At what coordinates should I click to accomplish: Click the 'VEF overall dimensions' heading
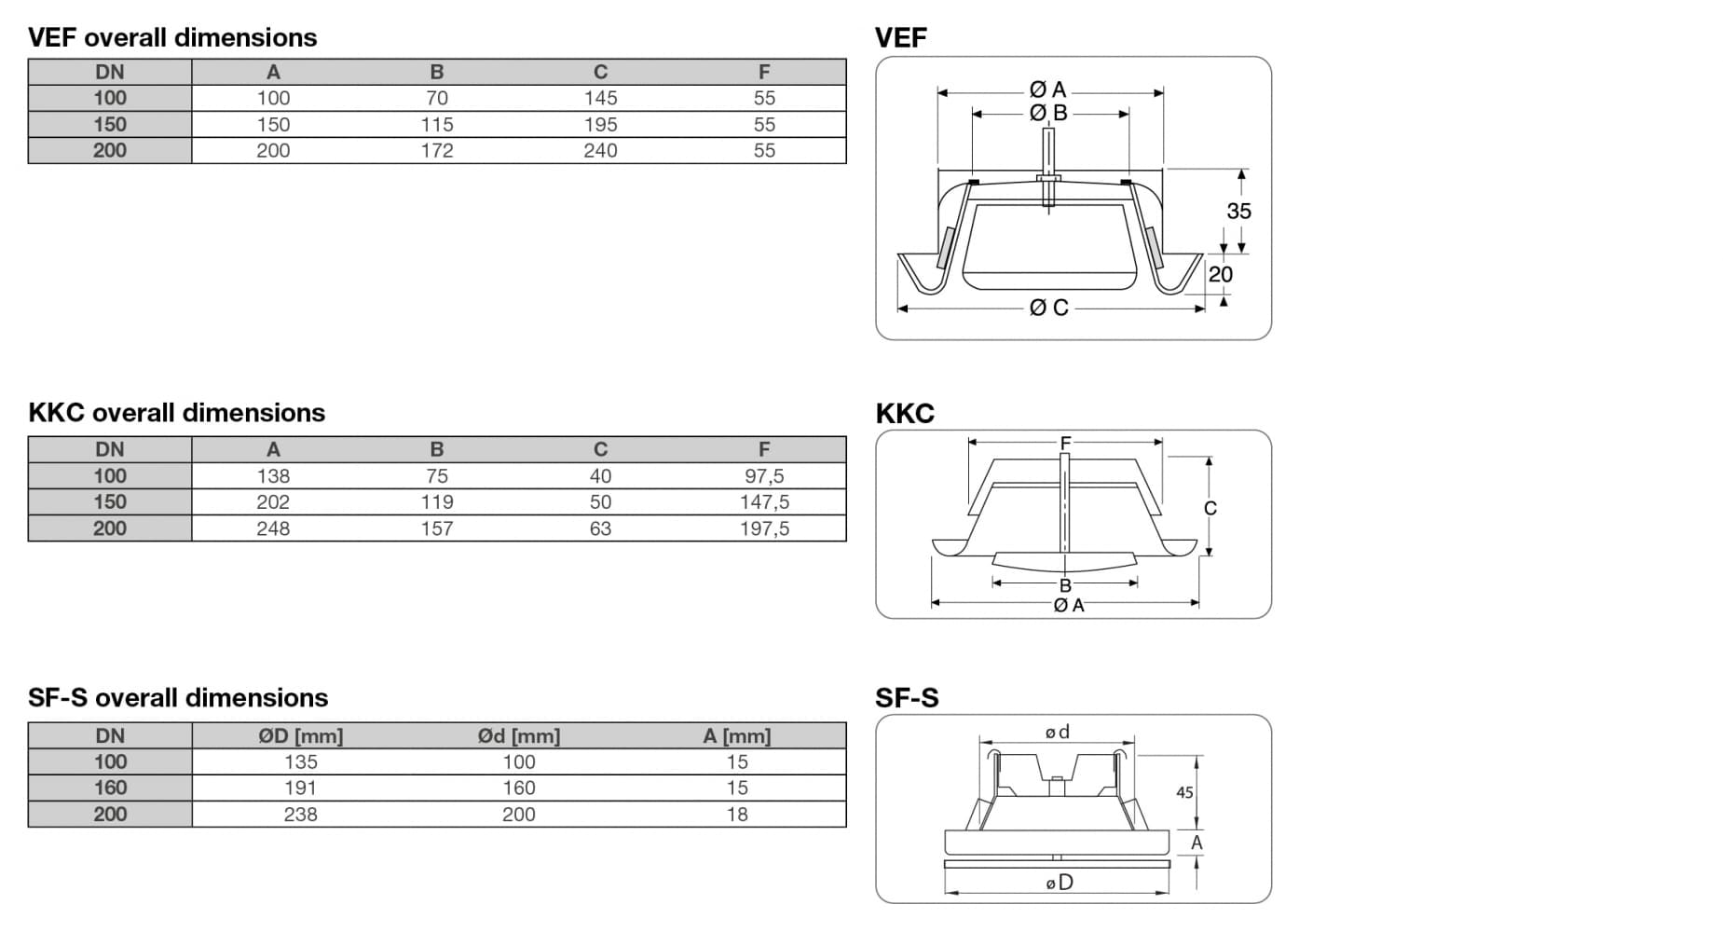coord(172,38)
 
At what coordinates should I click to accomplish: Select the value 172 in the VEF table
coord(436,151)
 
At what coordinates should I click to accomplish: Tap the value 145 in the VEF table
coord(600,98)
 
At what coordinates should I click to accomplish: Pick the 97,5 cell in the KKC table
coord(764,476)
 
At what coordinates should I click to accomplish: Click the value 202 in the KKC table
coord(273,502)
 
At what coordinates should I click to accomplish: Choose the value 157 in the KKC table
coord(436,528)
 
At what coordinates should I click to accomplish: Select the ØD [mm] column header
coord(300,736)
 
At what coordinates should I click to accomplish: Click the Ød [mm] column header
coord(519,736)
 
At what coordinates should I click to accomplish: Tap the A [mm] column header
coord(737,736)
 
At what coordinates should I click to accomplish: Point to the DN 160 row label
coord(110,788)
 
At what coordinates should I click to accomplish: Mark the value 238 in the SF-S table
coord(300,815)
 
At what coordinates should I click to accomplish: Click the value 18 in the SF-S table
coord(737,815)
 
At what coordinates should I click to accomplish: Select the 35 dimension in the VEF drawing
coord(1238,212)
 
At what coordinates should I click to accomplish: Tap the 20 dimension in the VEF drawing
coord(1220,275)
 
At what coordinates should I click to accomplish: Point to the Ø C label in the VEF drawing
coord(1048,308)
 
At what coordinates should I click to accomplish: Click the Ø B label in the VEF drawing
coord(1048,114)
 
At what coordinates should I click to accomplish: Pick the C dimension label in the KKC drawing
coord(1210,509)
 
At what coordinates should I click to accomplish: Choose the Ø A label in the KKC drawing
coord(1069,606)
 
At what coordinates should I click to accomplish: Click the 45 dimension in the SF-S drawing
coord(1184,793)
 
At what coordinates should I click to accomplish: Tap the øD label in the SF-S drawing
coord(1059,883)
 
